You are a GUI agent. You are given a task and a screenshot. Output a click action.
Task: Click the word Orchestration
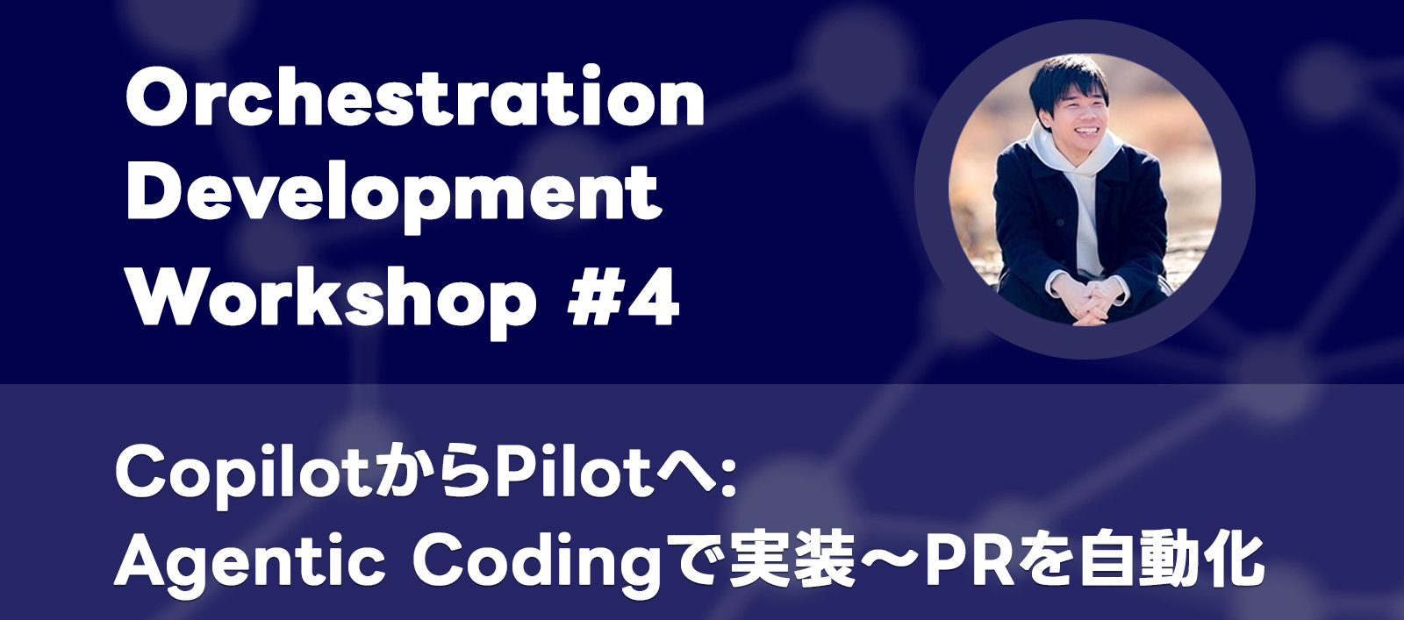click(415, 98)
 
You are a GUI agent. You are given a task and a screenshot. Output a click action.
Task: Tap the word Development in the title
click(394, 195)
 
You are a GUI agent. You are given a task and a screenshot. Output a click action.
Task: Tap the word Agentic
click(250, 561)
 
